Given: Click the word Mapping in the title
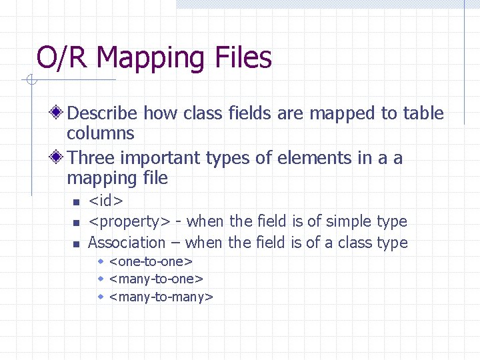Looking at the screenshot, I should [151, 58].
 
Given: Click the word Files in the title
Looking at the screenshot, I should [243, 57].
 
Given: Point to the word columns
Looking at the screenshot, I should [101, 133].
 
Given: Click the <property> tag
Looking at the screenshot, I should [130, 221].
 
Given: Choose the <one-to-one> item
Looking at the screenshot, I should [151, 261].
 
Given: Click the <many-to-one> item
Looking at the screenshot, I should [156, 279].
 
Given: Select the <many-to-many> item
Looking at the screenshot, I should [161, 296].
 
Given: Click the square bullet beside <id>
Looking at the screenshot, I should [76, 202].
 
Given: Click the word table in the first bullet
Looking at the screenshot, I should [423, 113].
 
